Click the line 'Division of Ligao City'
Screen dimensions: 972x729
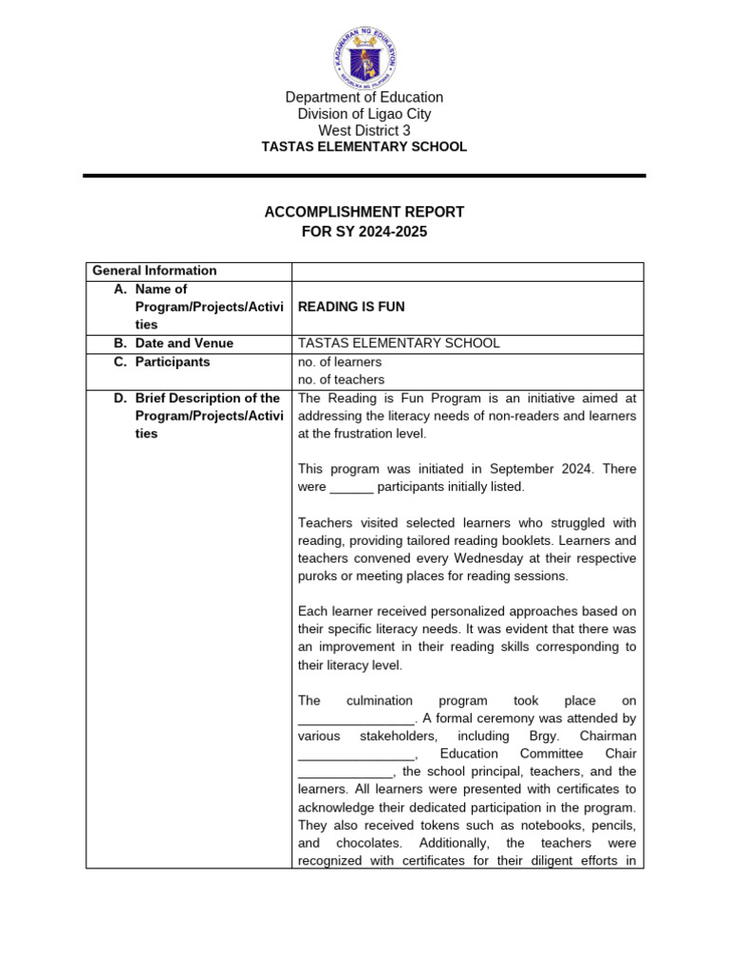tap(365, 114)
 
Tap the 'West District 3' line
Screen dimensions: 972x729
tap(365, 130)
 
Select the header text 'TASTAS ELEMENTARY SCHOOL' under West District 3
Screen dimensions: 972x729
tap(365, 147)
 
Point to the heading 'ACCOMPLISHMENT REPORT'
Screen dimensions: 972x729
tap(364, 212)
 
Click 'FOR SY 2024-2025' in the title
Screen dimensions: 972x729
tap(364, 232)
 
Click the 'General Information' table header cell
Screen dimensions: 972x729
tap(154, 271)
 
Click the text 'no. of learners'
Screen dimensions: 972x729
tap(340, 362)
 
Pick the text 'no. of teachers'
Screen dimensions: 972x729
tap(341, 380)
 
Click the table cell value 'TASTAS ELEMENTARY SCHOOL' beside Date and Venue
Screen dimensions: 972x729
tap(399, 344)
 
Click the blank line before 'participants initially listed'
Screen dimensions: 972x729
tap(351, 488)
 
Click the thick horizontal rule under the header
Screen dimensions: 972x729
tap(364, 176)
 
